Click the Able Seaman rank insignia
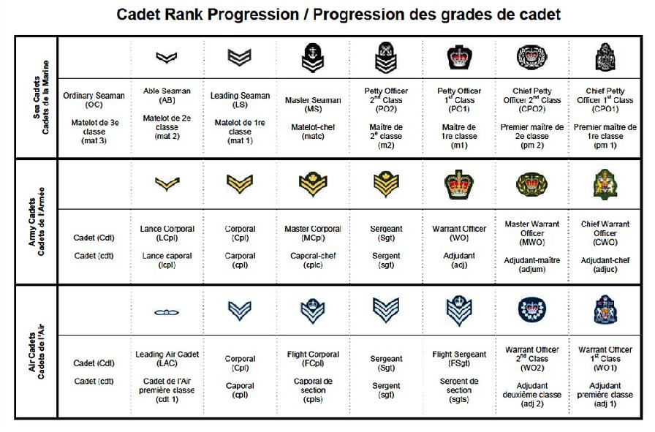pos(166,57)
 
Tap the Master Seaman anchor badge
pos(312,58)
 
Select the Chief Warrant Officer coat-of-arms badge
pos(605,184)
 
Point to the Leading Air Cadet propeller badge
pos(166,312)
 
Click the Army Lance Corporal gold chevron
pos(167,183)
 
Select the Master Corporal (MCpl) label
pos(313,234)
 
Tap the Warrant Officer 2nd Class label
pos(531,358)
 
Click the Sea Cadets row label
pos(41,97)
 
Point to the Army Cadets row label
pos(37,221)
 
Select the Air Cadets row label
pos(37,352)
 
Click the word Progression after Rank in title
pos(253,15)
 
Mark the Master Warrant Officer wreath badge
pos(531,184)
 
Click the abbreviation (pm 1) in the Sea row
pos(605,145)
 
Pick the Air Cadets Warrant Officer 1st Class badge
pos(605,310)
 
